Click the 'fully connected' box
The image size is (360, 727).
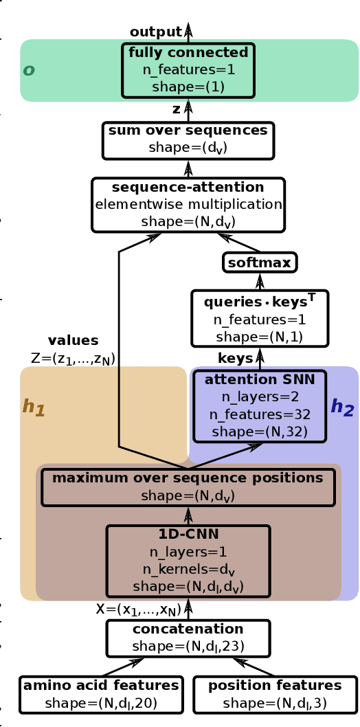[x=188, y=70]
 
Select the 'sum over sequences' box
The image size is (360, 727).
[x=188, y=139]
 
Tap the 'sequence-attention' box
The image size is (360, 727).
[x=188, y=204]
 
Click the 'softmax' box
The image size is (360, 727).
[x=260, y=262]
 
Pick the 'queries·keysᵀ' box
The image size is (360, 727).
[x=260, y=318]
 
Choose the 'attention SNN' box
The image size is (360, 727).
[x=260, y=405]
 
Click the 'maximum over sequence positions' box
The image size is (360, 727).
[x=188, y=486]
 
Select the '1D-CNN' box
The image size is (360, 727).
[x=188, y=561]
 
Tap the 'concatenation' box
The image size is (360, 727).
[x=188, y=638]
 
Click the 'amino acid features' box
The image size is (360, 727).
[x=101, y=694]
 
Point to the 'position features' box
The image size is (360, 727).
[x=275, y=694]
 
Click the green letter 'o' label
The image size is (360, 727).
[x=29, y=70]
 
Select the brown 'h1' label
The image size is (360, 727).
[x=34, y=407]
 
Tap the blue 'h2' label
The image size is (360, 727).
[x=342, y=407]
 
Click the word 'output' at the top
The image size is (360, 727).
[x=155, y=32]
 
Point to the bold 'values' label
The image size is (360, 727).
[x=73, y=340]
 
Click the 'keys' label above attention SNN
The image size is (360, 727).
[x=235, y=358]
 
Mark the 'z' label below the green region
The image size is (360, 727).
[x=176, y=109]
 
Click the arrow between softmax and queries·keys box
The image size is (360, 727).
[x=260, y=281]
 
